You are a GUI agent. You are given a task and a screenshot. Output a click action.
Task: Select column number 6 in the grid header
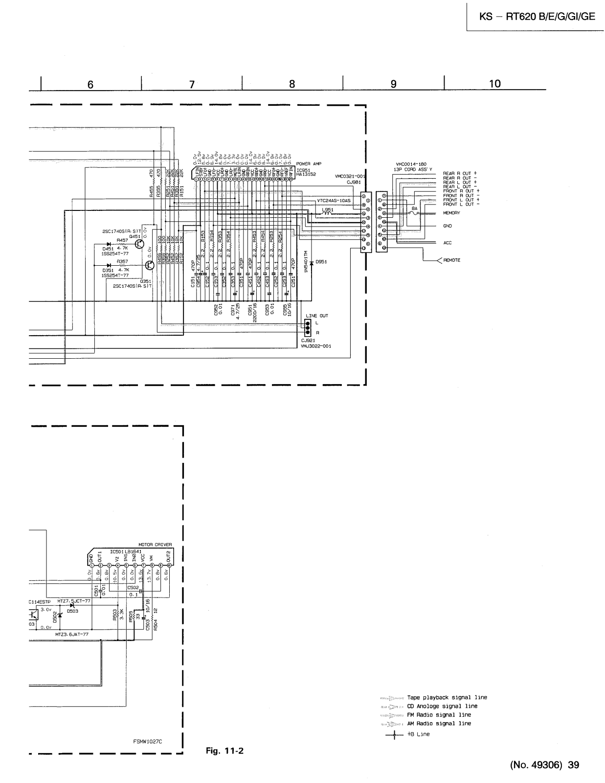tap(90, 84)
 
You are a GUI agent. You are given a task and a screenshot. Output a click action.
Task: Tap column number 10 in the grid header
tap(494, 84)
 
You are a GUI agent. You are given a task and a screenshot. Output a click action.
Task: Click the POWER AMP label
tap(309, 164)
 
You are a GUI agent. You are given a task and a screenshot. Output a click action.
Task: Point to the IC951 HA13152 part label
tap(306, 172)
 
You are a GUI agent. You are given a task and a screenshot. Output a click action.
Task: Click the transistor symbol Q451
tap(139, 244)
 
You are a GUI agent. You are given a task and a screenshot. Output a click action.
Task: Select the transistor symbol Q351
tap(149, 265)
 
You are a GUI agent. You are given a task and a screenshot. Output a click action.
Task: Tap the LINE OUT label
tap(316, 316)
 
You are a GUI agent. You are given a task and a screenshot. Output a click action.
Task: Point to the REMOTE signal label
tap(451, 260)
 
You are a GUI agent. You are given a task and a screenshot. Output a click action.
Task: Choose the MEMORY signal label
tap(451, 213)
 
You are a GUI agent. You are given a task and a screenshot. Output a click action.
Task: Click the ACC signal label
tap(448, 243)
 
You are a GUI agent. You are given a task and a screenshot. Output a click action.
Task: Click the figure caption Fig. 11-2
tap(224, 751)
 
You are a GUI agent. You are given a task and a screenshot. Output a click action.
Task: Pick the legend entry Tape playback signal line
tap(447, 697)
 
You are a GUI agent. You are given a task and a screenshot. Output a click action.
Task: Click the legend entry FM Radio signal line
tap(439, 714)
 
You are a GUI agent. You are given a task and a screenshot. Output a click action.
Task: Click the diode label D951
tap(321, 262)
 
